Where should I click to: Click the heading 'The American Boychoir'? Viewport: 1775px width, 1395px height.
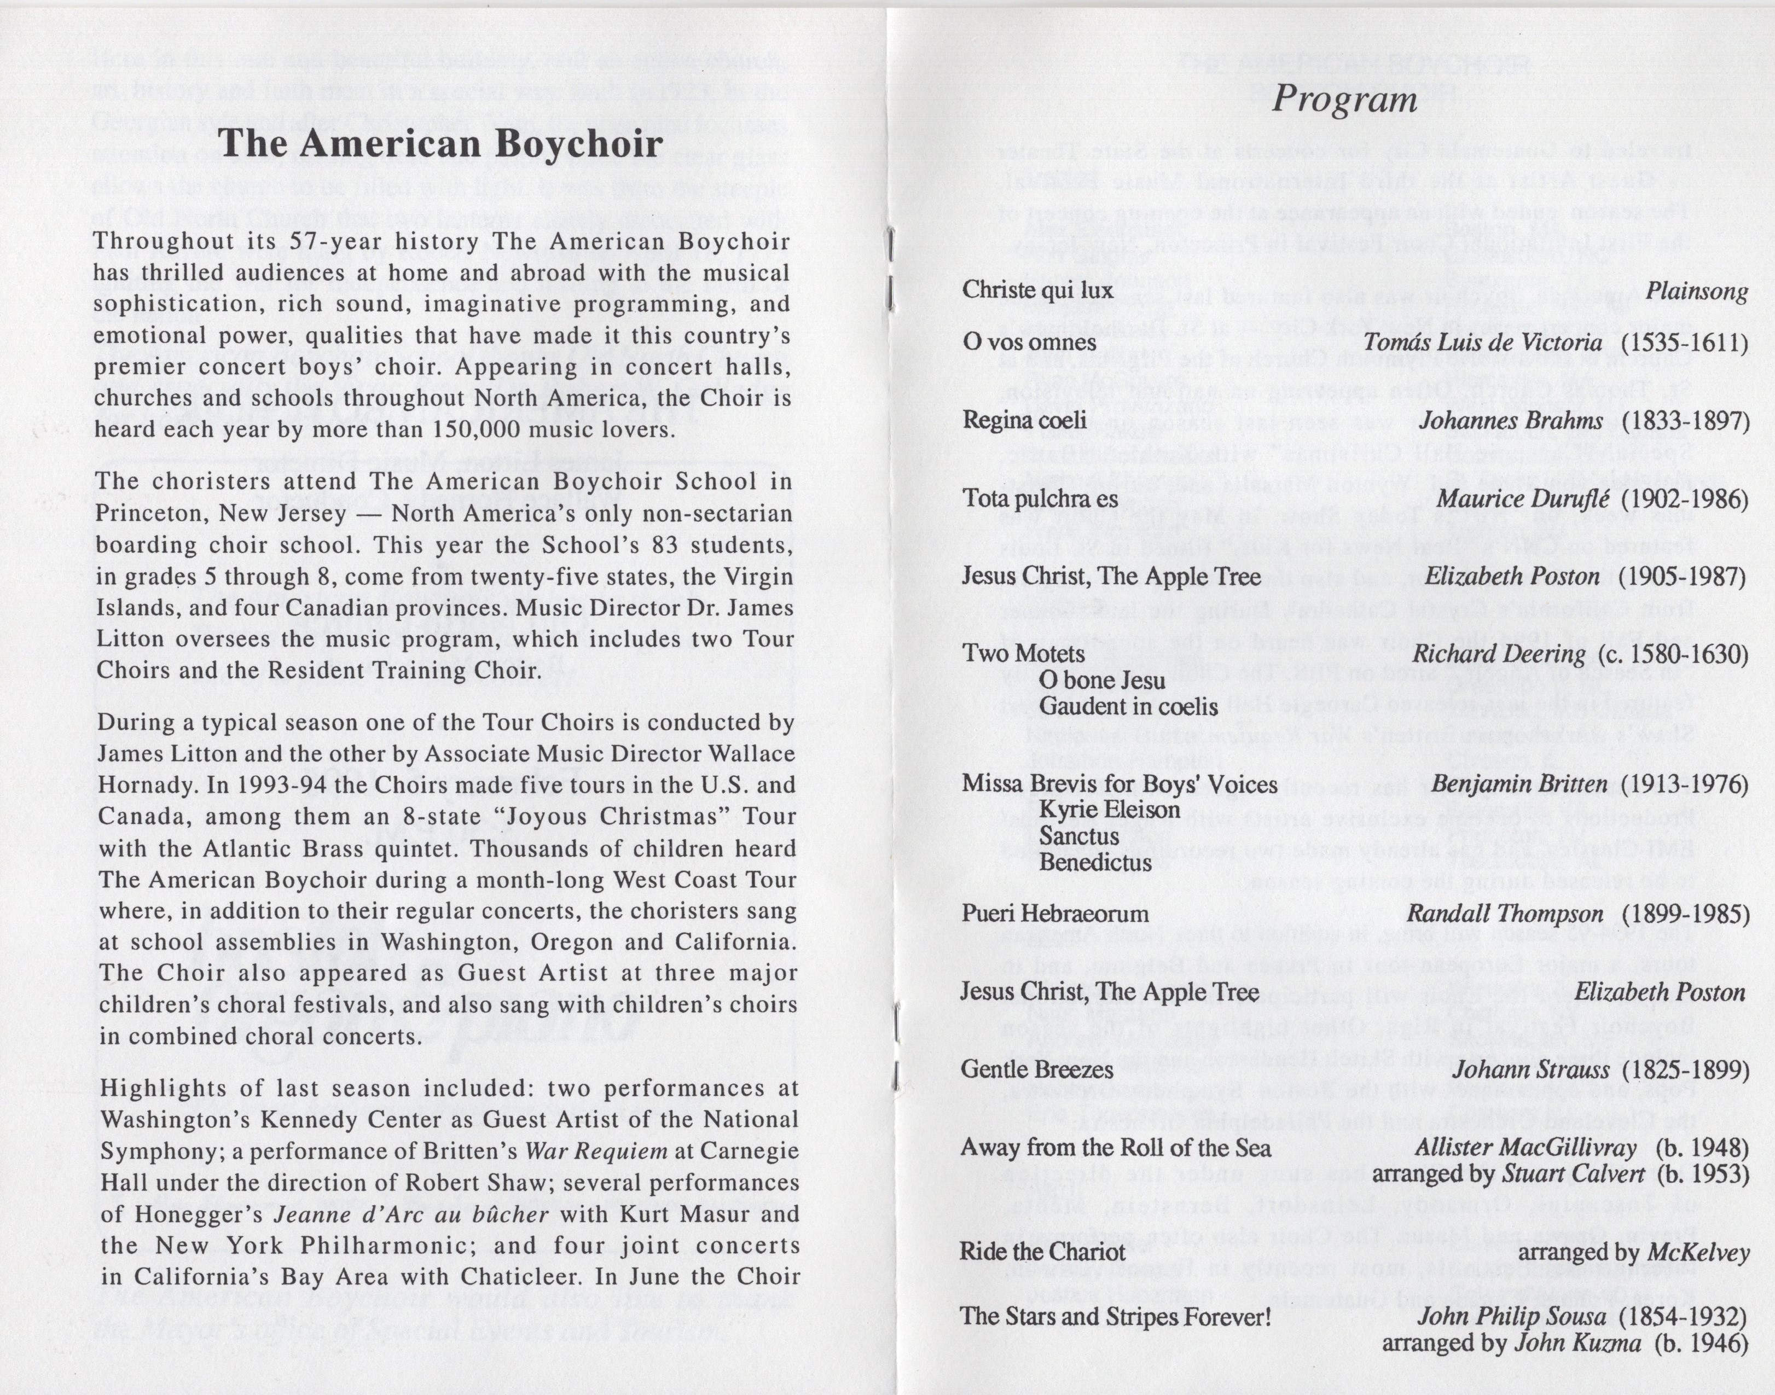(x=440, y=144)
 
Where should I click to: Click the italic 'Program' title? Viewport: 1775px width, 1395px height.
(x=1344, y=100)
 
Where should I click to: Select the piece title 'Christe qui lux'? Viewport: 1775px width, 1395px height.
(x=1037, y=290)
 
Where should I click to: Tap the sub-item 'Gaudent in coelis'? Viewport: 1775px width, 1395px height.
(x=1128, y=706)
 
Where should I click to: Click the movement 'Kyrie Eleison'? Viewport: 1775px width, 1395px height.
(x=1109, y=810)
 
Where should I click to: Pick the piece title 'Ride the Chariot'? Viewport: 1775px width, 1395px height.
(x=1042, y=1252)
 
